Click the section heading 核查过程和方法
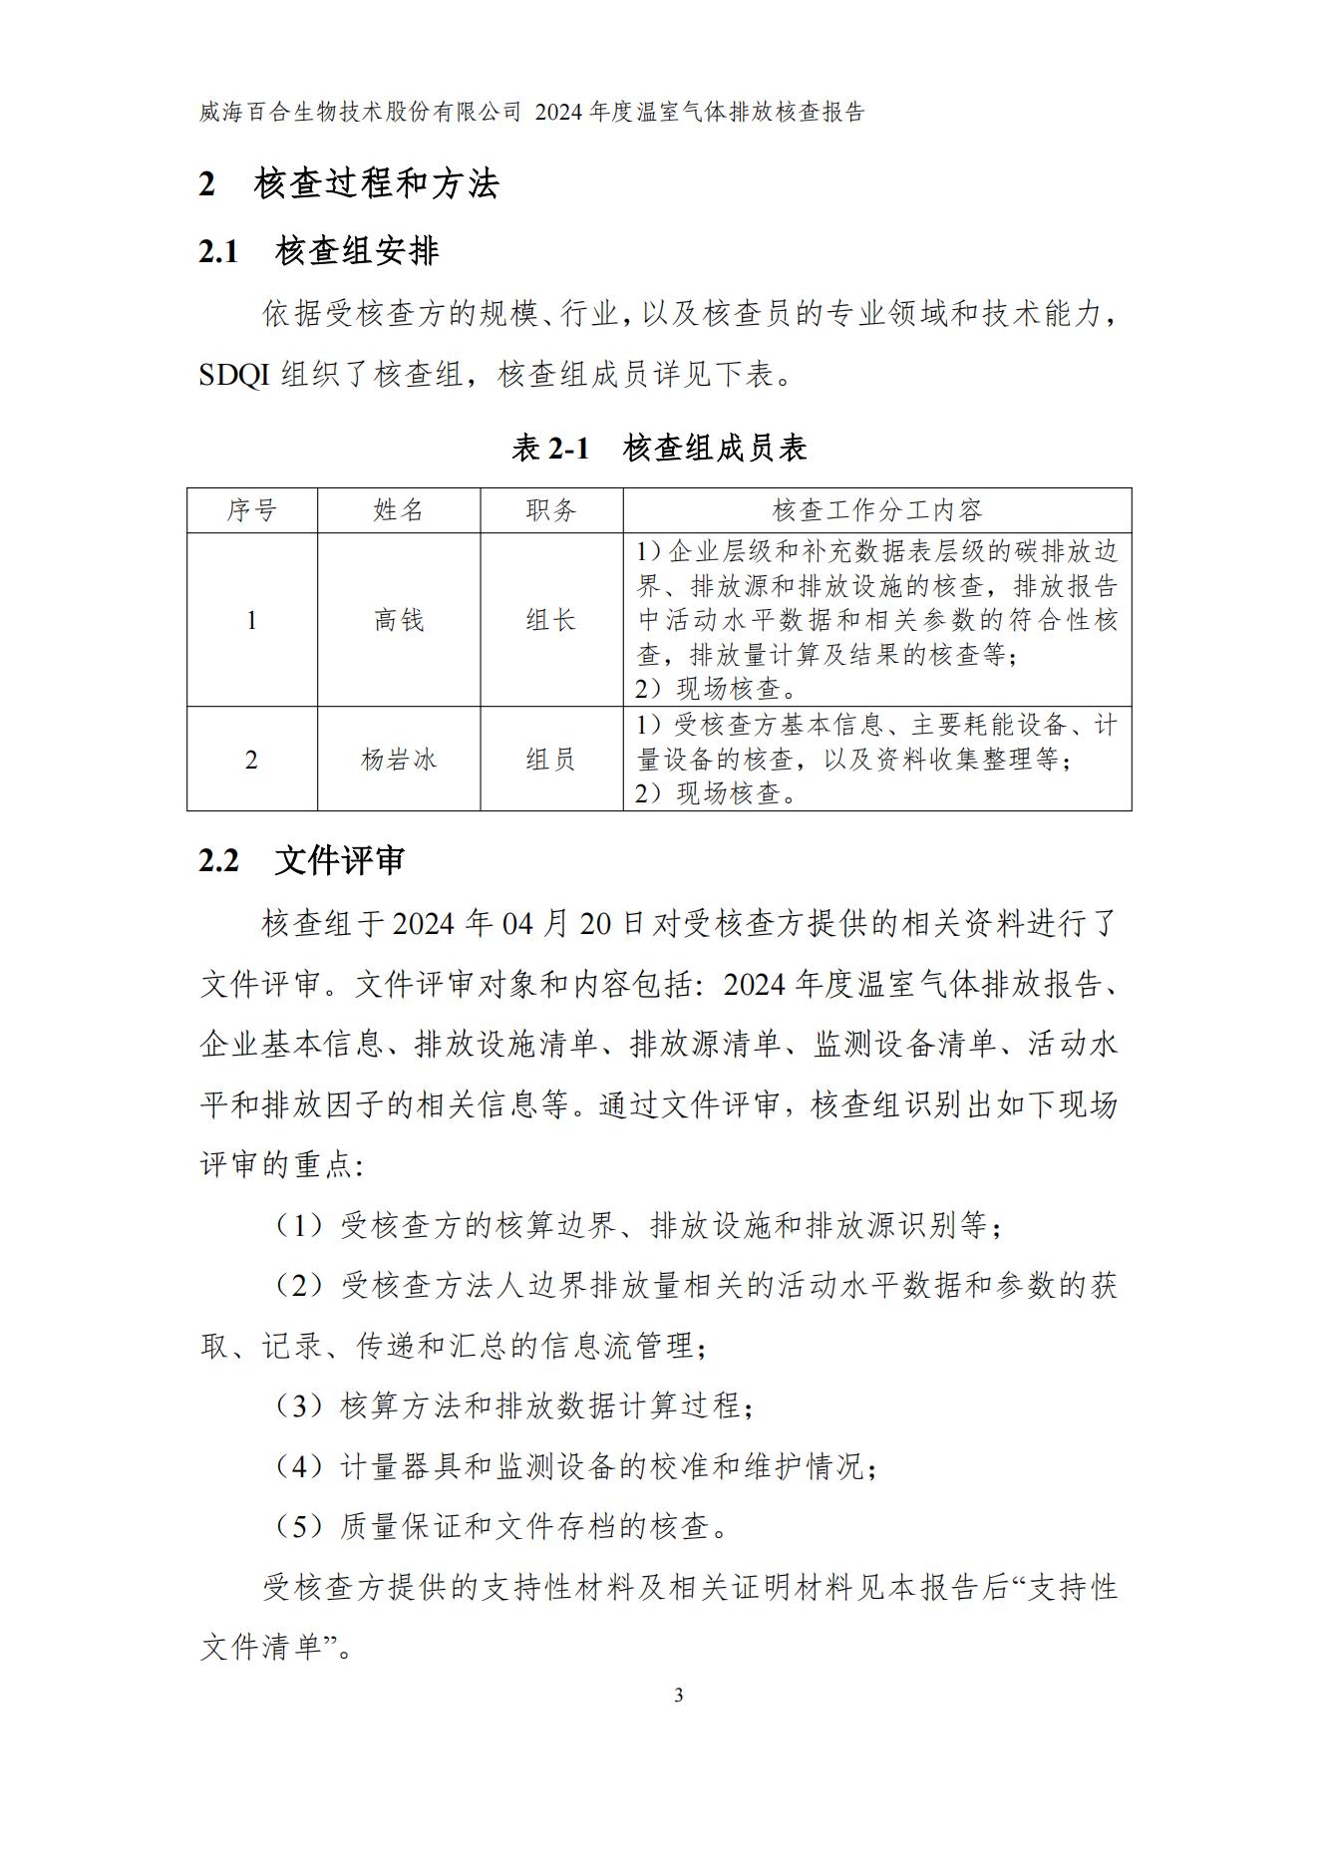376,184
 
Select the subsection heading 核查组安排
356,251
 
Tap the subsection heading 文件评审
339,860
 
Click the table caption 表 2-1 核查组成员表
659,449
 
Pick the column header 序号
251,510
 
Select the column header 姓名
399,510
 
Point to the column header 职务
551,510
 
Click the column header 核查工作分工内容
877,510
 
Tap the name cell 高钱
399,620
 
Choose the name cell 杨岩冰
399,760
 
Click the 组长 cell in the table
551,620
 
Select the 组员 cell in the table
551,760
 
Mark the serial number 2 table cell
251,760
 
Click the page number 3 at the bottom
679,1696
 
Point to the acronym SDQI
234,376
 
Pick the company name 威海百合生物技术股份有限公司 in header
360,113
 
